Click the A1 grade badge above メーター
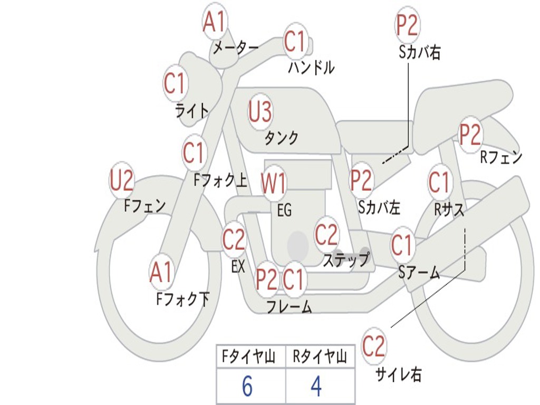[x=215, y=22]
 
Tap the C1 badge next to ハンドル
[x=295, y=41]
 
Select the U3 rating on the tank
[x=261, y=112]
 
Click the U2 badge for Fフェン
[x=121, y=181]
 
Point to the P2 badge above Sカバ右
[x=407, y=25]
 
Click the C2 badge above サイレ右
[x=374, y=346]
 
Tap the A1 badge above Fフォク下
[x=161, y=272]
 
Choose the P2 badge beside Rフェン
[x=470, y=134]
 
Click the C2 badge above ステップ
[x=326, y=235]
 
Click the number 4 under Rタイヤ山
[x=316, y=387]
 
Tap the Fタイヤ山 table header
[x=248, y=358]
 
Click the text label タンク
[x=281, y=138]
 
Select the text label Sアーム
[x=419, y=272]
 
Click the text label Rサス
[x=449, y=209]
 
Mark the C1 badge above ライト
[x=175, y=83]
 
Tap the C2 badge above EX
[x=234, y=240]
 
